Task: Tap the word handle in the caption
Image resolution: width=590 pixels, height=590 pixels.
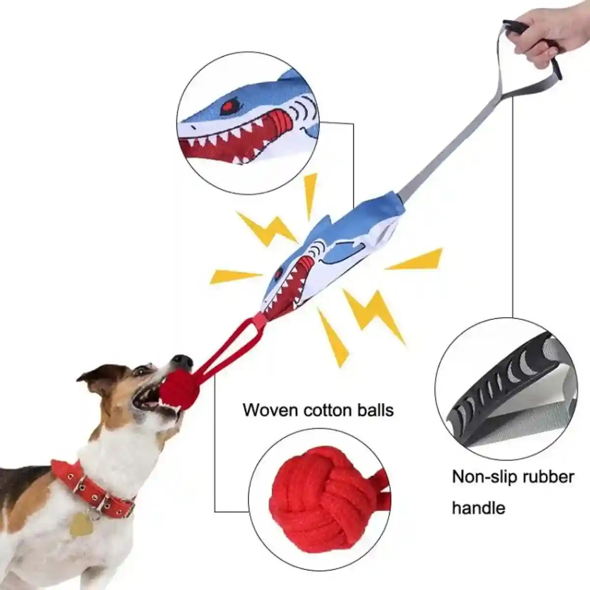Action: (x=478, y=507)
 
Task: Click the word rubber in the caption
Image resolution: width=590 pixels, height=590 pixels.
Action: (x=550, y=477)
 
